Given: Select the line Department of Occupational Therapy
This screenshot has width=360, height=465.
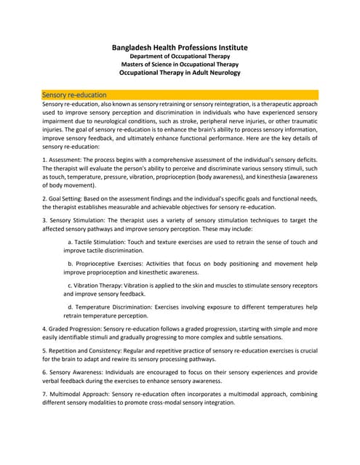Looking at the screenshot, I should [x=180, y=56].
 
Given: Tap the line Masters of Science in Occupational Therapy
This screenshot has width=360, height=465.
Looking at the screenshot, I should [x=180, y=65].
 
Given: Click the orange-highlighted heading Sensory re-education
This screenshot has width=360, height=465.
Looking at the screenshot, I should [x=75, y=94].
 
